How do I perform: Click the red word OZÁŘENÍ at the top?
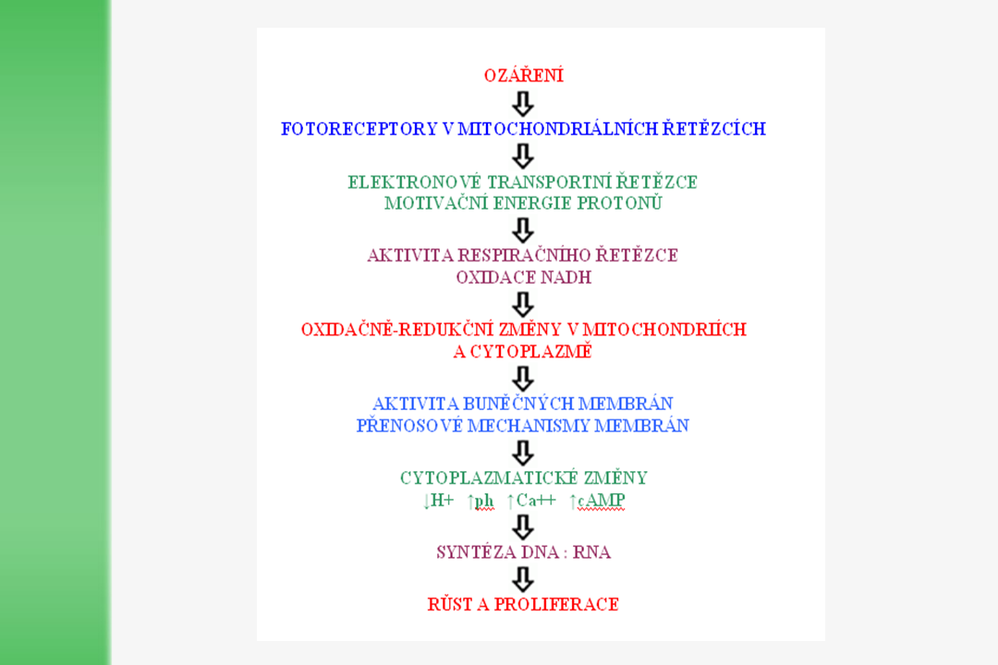[523, 76]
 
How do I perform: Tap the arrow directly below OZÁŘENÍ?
[523, 102]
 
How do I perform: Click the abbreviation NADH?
[568, 277]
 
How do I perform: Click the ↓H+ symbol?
[438, 501]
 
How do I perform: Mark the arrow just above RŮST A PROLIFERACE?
[523, 579]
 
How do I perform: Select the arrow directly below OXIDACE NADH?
[523, 303]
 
